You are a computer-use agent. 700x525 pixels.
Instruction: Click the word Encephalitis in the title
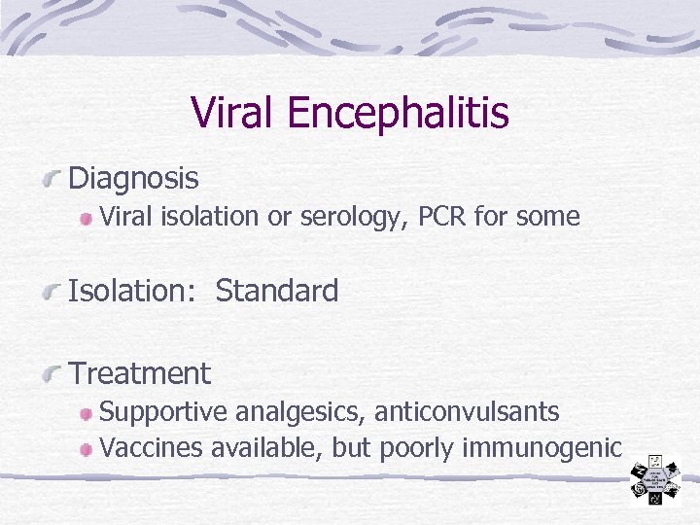[399, 114]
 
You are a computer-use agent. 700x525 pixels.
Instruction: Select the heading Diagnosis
[134, 179]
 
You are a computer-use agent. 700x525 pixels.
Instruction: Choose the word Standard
[277, 291]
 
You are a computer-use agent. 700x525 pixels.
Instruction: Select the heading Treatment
[140, 373]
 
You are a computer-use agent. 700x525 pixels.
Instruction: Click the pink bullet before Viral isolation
[88, 218]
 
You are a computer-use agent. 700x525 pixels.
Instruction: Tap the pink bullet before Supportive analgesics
[88, 413]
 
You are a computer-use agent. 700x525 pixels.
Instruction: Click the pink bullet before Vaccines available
[88, 449]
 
